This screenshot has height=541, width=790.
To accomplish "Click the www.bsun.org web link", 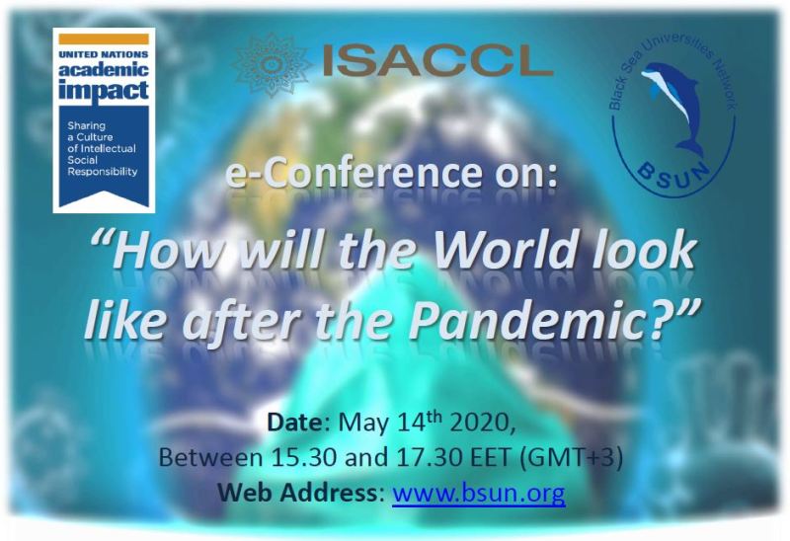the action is pyautogui.click(x=479, y=493).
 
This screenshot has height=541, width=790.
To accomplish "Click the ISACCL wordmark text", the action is pyautogui.click(x=437, y=60).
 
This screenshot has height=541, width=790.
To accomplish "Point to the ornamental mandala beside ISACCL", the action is pyautogui.click(x=271, y=65).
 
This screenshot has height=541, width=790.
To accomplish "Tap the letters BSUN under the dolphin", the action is pyautogui.click(x=673, y=178).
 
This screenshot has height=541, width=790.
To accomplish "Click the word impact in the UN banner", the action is pyautogui.click(x=104, y=91).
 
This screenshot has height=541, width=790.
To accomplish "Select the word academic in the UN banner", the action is pyautogui.click(x=104, y=69).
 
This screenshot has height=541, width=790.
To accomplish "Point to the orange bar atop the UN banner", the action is pyautogui.click(x=104, y=39).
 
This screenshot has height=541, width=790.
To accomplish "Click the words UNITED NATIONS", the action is pyautogui.click(x=104, y=54).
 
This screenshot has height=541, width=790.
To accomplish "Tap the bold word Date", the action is pyautogui.click(x=294, y=423).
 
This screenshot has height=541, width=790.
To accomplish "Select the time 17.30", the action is pyautogui.click(x=431, y=457).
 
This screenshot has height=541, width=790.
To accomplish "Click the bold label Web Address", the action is pyautogui.click(x=298, y=493).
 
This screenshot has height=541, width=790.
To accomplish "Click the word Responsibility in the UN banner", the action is pyautogui.click(x=103, y=172).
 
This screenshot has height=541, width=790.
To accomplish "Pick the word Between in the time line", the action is pyautogui.click(x=210, y=457).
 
